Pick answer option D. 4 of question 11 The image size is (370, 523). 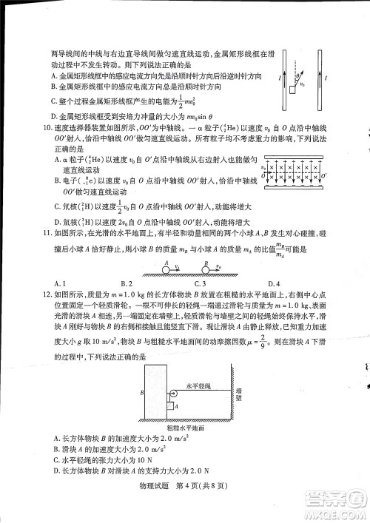273,283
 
